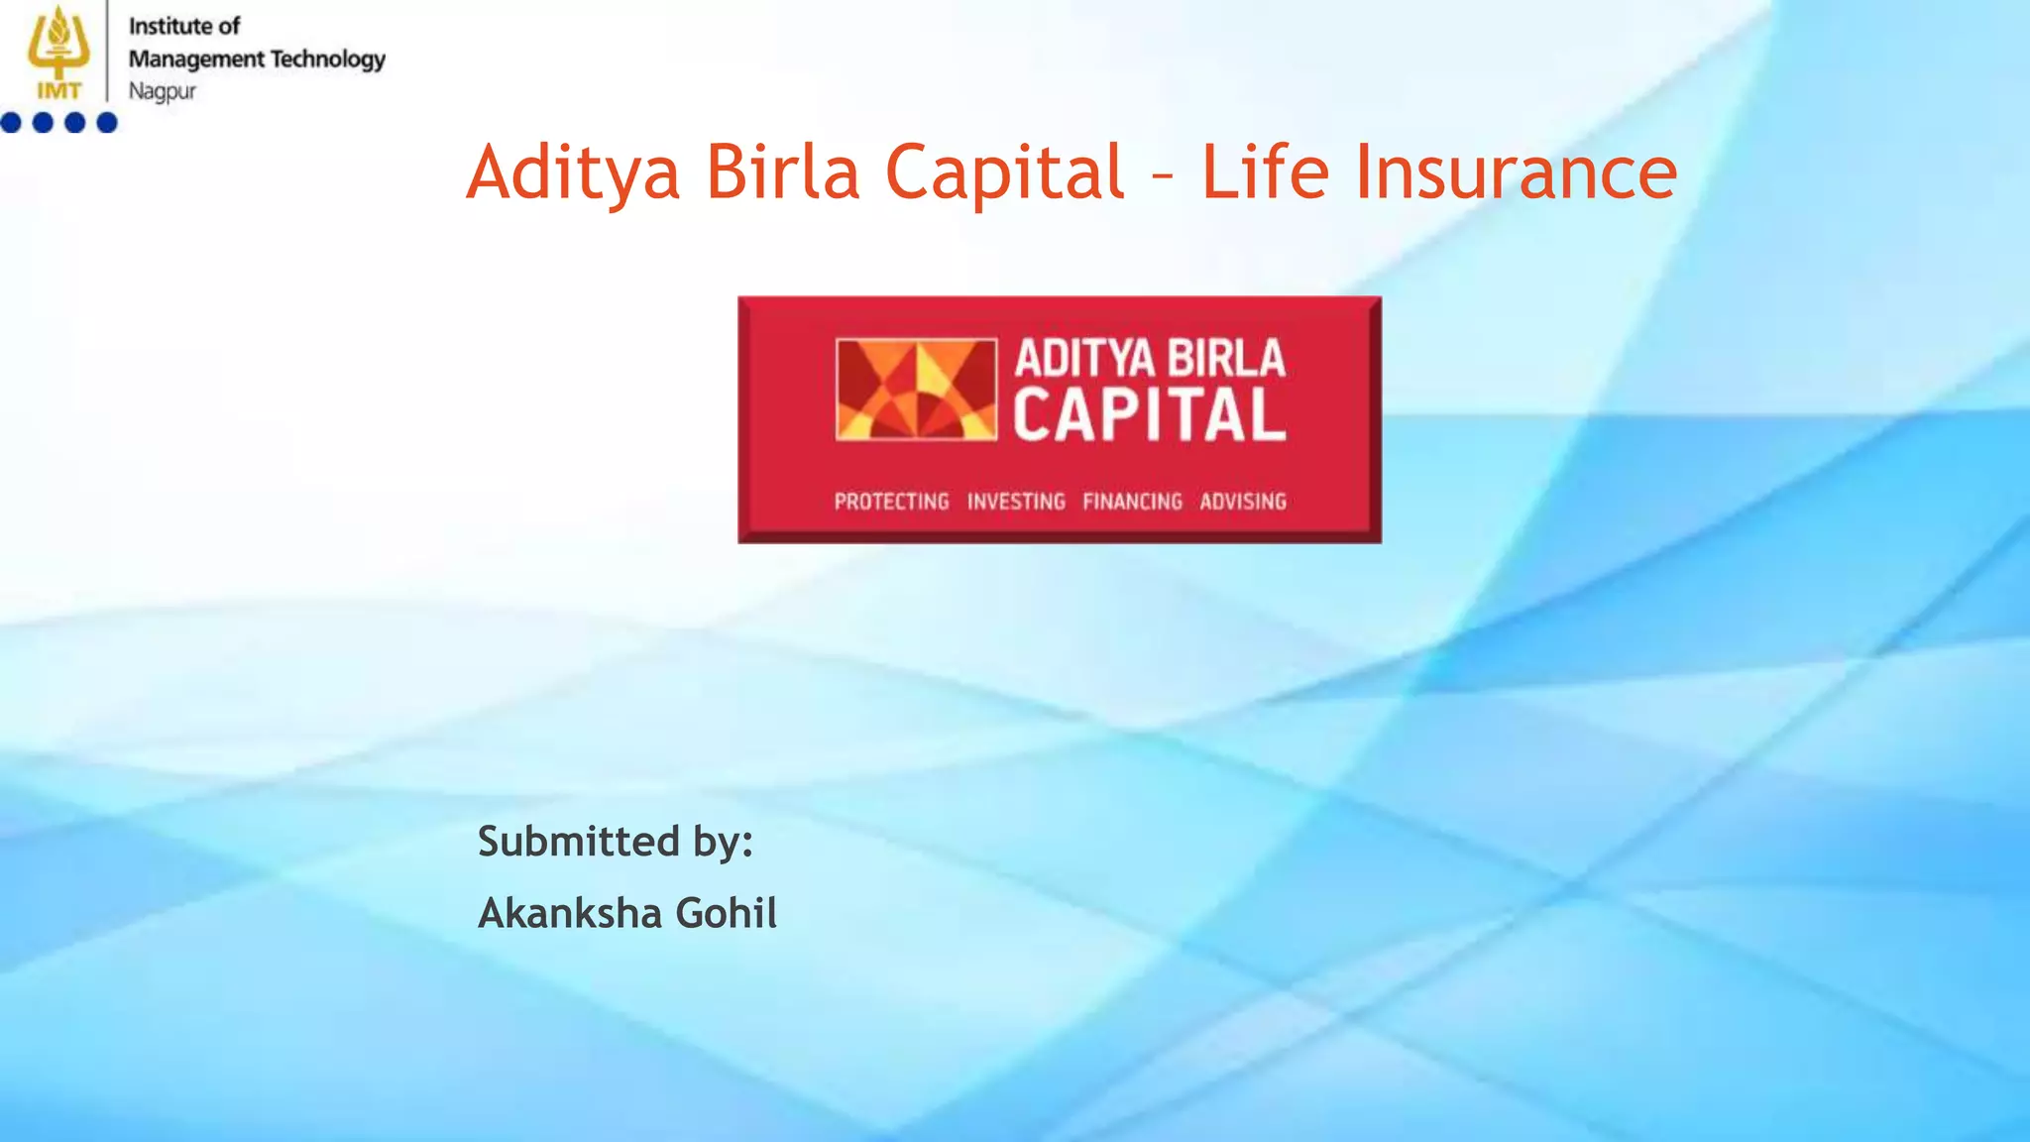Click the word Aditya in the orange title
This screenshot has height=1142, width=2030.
[574, 172]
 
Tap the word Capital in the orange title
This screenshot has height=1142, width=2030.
[1004, 172]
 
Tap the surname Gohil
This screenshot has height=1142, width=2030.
[727, 913]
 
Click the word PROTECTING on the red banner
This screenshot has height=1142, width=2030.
[891, 502]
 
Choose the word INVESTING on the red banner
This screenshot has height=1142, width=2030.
[1016, 502]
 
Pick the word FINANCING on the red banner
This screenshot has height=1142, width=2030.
[1132, 502]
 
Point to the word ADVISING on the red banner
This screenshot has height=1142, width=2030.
[1243, 502]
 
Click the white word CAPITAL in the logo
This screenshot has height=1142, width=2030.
[1149, 415]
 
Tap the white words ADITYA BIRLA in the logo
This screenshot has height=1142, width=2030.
[1150, 359]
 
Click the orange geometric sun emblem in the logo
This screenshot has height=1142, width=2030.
[916, 389]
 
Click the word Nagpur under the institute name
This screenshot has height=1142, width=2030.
[163, 91]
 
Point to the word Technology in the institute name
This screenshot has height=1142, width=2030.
[328, 59]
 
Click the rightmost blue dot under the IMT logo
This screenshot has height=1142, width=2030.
[107, 123]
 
